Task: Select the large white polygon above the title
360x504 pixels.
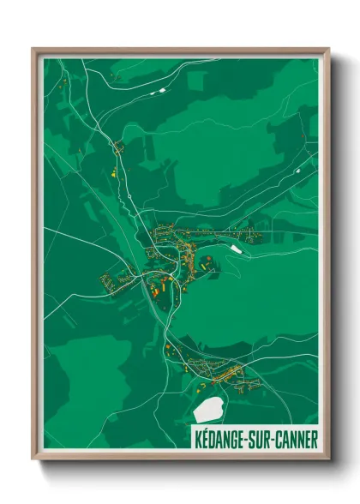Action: pos(210,409)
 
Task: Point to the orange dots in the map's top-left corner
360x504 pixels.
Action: pos(63,85)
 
